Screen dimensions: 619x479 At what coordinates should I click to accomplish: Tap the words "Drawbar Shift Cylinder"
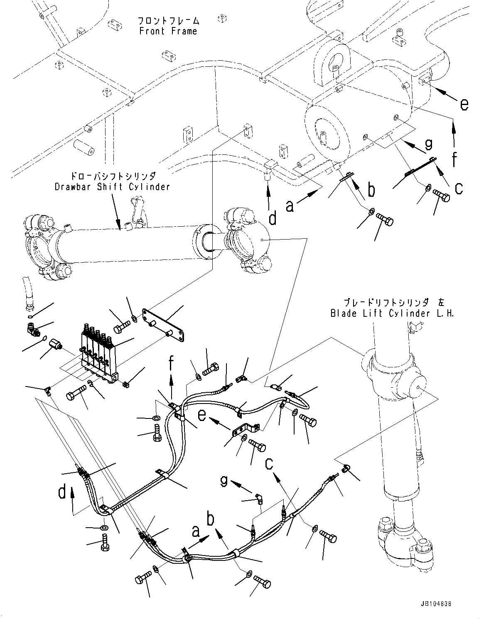[x=112, y=186]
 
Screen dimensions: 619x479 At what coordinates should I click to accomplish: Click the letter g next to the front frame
[x=428, y=144]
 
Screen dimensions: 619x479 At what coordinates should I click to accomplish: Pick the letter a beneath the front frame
[x=290, y=205]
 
